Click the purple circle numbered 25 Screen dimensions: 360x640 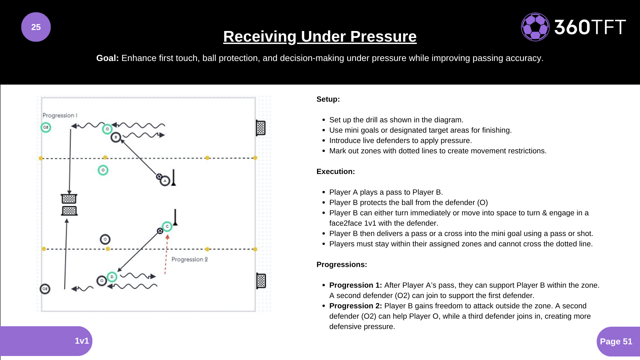point(36,27)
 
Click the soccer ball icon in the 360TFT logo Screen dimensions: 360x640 point(535,27)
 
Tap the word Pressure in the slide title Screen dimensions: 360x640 point(383,36)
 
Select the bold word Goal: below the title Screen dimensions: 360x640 point(107,58)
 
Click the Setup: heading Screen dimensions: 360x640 point(328,99)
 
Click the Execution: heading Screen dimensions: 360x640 point(335,172)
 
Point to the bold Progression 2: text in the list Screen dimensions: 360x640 point(355,306)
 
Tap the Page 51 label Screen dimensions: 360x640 point(616,341)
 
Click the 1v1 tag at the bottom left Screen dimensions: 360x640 point(82,341)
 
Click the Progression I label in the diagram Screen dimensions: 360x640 point(60,115)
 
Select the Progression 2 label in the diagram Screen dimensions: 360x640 point(189,259)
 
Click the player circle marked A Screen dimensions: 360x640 point(165,181)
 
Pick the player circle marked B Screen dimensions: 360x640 point(116,137)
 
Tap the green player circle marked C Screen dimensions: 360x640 point(167,226)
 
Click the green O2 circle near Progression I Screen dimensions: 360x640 point(46,127)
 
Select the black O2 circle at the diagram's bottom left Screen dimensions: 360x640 point(45,289)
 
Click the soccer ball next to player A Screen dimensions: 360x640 point(159,177)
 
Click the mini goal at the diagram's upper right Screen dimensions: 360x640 point(261,128)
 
